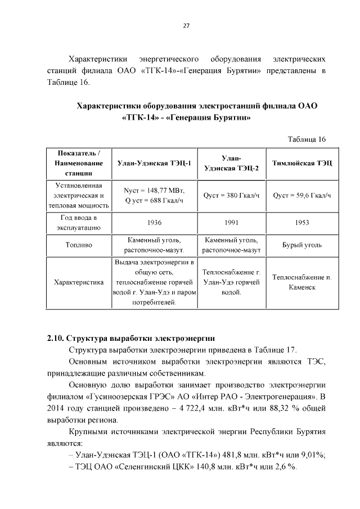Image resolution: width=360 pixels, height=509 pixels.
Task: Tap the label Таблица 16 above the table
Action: pyautogui.click(x=307, y=139)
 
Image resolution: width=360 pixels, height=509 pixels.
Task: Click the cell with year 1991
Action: pyautogui.click(x=231, y=223)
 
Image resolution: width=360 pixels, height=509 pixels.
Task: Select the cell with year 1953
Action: pyautogui.click(x=301, y=223)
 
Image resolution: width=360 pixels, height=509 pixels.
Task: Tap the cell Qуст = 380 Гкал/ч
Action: pyautogui.click(x=231, y=195)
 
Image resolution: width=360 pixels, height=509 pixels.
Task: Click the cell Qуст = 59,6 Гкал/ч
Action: pyautogui.click(x=301, y=195)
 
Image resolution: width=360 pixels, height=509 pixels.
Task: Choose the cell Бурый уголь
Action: pyautogui.click(x=301, y=245)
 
